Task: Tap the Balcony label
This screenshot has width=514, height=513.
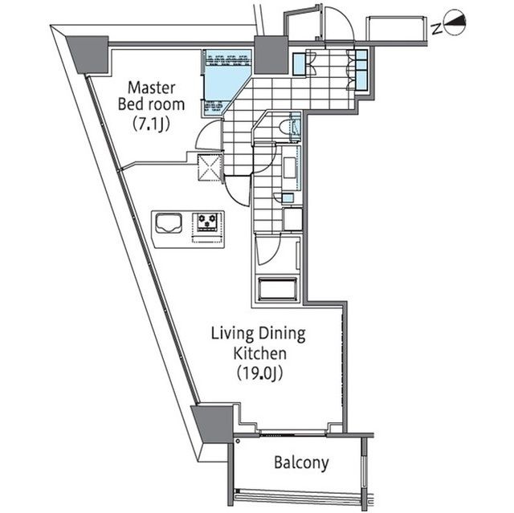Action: (302, 463)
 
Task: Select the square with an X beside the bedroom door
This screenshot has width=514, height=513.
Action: (211, 167)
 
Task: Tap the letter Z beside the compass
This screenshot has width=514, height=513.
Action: (435, 29)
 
